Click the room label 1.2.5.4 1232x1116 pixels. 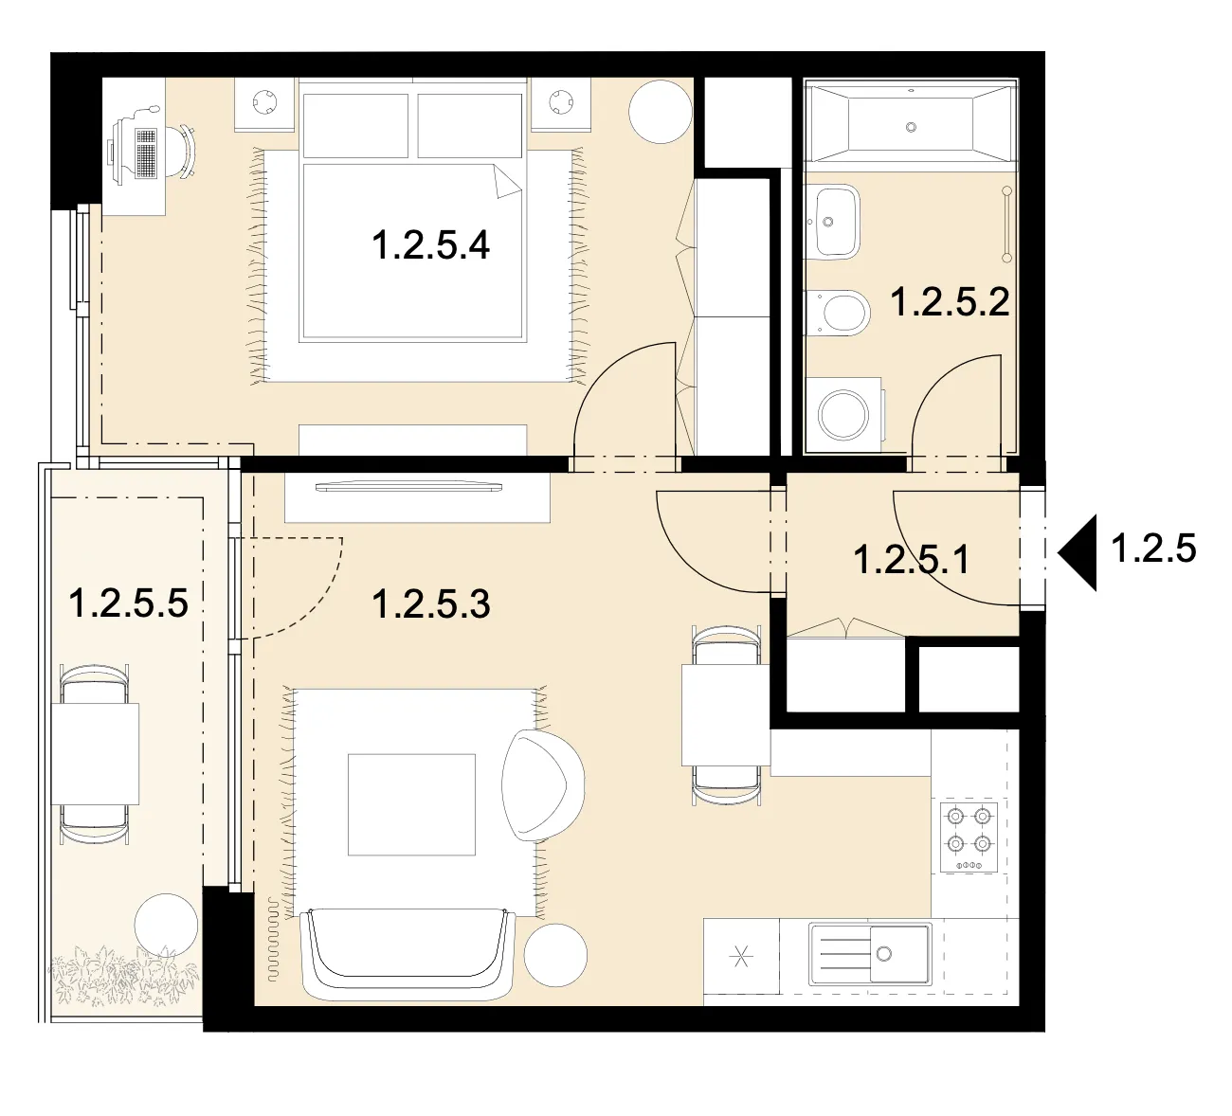430,245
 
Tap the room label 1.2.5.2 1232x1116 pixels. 950,302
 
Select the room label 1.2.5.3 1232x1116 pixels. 431,603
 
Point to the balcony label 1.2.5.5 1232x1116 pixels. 128,603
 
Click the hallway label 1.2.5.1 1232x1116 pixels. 912,560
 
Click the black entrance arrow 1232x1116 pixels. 1077,552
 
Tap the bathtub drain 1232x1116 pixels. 911,127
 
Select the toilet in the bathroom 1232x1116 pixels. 838,313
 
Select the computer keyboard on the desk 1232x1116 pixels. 147,153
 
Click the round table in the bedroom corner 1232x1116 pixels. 661,111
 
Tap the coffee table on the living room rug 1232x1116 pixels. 411,804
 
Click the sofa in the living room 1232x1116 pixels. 408,956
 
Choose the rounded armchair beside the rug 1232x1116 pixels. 543,785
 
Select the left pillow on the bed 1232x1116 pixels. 355,126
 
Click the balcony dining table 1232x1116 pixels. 95,753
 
